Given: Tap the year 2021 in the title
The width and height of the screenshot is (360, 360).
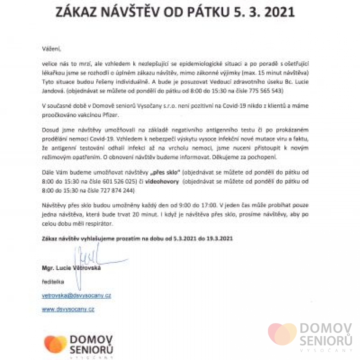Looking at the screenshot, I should point(276,11).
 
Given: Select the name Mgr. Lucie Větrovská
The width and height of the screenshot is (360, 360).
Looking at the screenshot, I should point(71,268).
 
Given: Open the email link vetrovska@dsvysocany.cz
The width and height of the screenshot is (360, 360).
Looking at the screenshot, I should point(76,296).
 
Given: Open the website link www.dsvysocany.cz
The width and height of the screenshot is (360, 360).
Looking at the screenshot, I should point(68,309).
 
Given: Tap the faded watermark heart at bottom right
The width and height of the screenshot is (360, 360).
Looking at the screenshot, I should point(282,334).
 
